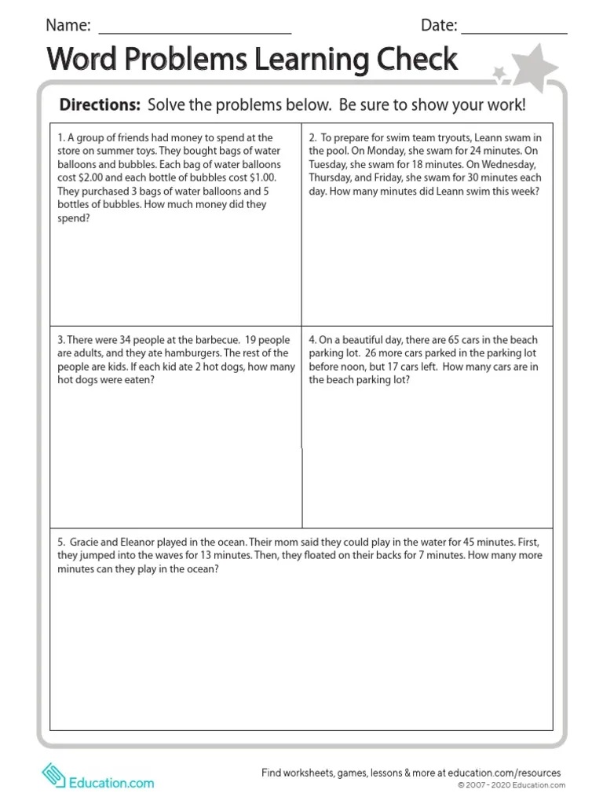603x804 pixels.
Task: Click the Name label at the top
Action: pos(68,25)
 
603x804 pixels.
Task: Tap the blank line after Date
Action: pos(513,31)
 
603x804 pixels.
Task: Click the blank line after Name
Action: pos(194,31)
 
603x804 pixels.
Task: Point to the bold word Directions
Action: pos(100,105)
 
